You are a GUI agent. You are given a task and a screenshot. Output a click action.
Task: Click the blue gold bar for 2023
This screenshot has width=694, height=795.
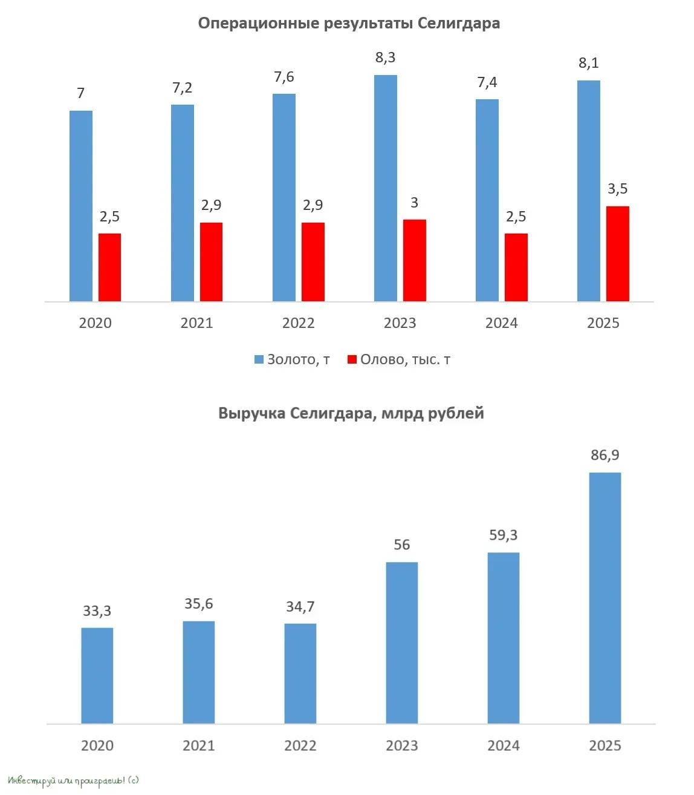[x=385, y=188]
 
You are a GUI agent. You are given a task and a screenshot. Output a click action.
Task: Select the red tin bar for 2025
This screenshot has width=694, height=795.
[x=617, y=254]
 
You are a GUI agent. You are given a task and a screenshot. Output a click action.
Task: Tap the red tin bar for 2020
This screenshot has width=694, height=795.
[x=109, y=267]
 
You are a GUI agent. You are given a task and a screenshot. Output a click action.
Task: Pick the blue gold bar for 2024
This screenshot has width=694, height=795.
[x=487, y=200]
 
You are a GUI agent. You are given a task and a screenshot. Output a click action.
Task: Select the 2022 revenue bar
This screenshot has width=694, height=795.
[x=300, y=673]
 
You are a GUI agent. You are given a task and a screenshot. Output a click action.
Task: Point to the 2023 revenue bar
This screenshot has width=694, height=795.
[x=401, y=643]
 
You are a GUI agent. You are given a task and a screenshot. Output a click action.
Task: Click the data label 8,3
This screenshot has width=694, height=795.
[x=385, y=57]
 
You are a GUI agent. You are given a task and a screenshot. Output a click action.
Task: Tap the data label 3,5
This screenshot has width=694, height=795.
[x=617, y=189]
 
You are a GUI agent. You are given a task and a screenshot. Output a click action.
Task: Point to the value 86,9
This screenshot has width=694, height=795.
[x=605, y=455]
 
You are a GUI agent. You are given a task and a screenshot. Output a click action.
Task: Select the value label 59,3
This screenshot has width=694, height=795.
[x=503, y=535]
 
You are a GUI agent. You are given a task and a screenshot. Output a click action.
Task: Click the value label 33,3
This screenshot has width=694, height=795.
[x=97, y=611]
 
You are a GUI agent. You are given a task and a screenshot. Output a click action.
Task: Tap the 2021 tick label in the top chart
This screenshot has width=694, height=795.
[x=196, y=323]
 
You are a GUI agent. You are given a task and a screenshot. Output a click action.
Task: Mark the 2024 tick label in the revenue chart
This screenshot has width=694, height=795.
[x=503, y=745]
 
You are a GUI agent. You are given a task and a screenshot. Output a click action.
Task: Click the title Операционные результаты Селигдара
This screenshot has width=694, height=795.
[x=349, y=24]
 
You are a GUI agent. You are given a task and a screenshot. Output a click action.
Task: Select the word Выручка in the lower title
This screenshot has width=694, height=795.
[x=251, y=413]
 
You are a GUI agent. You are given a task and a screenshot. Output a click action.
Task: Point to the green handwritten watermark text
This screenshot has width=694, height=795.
[x=73, y=780]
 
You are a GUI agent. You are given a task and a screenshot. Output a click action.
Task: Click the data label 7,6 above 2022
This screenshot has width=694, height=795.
[x=284, y=77]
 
